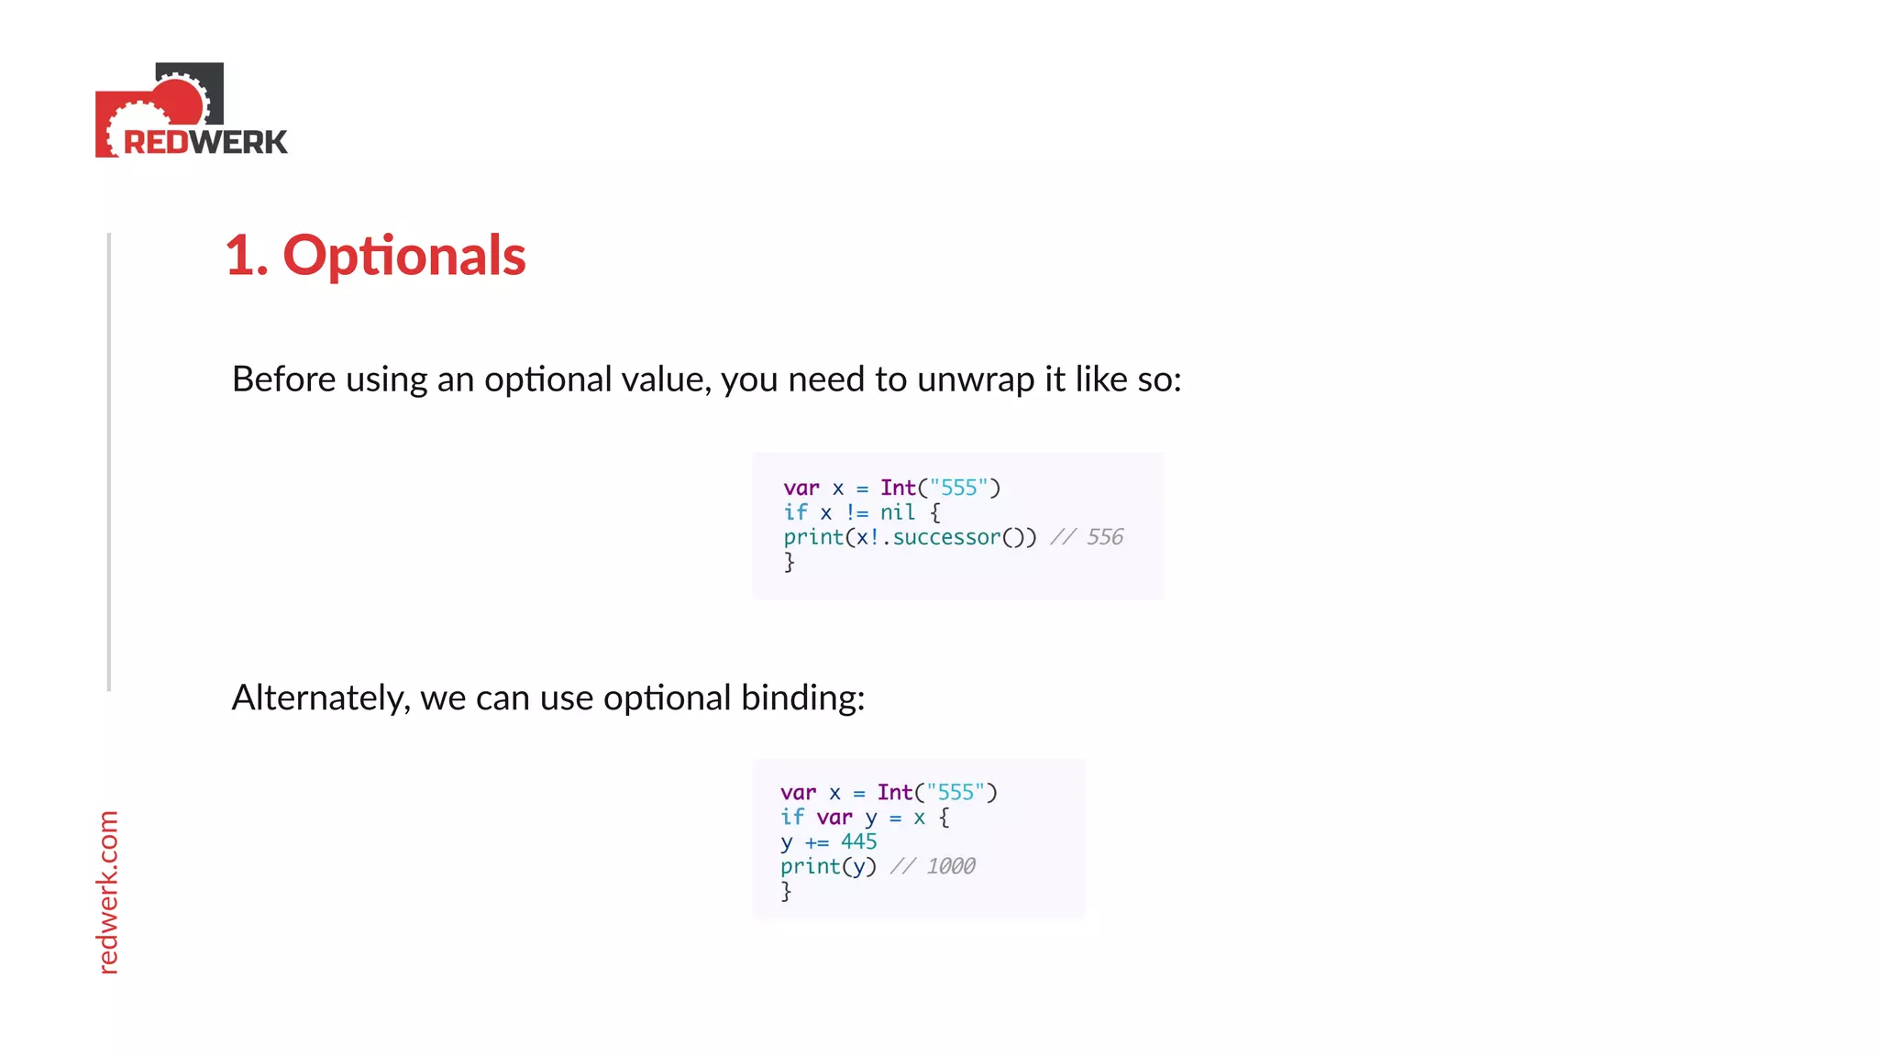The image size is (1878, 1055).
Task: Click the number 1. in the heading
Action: tap(247, 256)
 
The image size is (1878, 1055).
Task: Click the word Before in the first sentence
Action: tap(283, 379)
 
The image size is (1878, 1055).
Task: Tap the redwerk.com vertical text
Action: tap(108, 891)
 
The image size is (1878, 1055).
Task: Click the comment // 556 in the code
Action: tap(1087, 537)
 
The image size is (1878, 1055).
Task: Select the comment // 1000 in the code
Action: tap(933, 866)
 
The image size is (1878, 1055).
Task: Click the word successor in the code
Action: tap(946, 537)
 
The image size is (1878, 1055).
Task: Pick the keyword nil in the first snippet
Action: tap(898, 512)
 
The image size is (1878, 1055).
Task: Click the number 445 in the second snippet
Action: tap(858, 841)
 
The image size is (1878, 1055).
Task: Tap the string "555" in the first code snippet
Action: tap(959, 488)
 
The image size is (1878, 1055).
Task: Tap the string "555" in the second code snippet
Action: tap(956, 792)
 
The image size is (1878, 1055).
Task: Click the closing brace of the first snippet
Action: tap(789, 562)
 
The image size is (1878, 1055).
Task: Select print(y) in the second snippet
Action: tap(828, 866)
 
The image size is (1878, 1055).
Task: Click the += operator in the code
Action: tap(816, 842)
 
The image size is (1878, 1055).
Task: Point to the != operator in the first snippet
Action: tap(856, 512)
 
